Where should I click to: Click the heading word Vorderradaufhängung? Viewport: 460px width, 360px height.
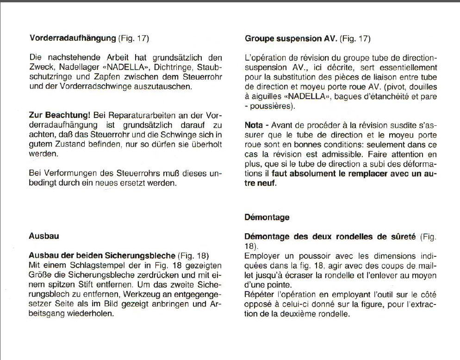point(73,38)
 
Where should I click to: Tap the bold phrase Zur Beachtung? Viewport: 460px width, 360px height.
point(59,115)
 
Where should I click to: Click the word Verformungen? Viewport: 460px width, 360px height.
point(66,174)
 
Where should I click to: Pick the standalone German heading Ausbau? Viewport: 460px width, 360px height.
point(44,236)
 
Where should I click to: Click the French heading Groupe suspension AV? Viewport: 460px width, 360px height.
point(291,38)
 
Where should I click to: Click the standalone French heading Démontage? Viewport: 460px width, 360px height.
point(267,217)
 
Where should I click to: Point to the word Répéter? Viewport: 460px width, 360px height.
point(260,295)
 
